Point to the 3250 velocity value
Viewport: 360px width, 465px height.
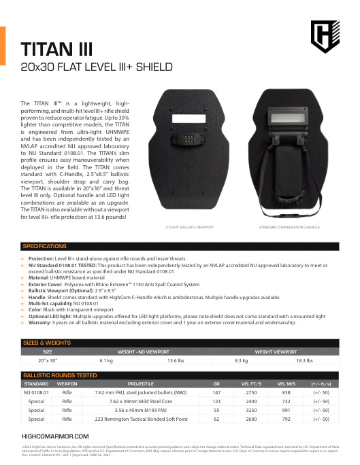tap(250, 410)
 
